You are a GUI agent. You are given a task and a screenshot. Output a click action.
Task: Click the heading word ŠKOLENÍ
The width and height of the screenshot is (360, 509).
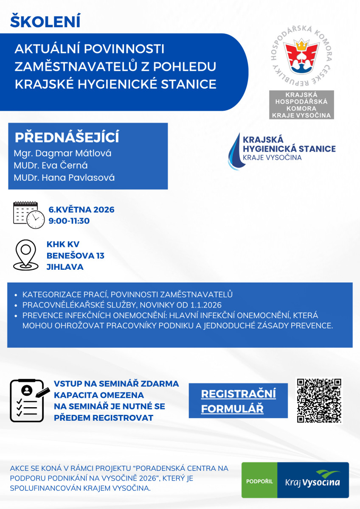(x=45, y=22)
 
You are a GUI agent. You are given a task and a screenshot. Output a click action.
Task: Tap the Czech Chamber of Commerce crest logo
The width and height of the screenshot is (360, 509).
(x=302, y=56)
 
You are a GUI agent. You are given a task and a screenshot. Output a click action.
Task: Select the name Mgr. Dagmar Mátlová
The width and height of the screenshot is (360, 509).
(x=62, y=153)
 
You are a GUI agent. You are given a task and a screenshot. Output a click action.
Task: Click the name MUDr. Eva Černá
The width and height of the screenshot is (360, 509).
(x=51, y=165)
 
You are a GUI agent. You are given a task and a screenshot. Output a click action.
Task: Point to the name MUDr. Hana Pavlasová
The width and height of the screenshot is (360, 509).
(x=64, y=177)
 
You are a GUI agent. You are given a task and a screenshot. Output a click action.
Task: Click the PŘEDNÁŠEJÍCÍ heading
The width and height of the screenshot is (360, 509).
(x=67, y=138)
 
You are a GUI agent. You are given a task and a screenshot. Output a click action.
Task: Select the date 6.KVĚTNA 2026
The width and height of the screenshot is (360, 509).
(x=82, y=210)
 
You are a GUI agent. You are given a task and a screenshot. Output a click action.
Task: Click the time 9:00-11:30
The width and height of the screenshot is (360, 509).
(x=69, y=221)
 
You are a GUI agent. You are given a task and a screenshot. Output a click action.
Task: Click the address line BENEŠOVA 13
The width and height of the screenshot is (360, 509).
(x=76, y=256)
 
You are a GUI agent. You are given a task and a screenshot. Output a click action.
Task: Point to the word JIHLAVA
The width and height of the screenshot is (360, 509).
(x=65, y=267)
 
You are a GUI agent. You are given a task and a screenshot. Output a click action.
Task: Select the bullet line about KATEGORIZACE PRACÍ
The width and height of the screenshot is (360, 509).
(x=127, y=294)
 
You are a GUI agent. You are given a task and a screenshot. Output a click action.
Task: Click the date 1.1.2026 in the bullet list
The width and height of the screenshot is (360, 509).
(x=207, y=305)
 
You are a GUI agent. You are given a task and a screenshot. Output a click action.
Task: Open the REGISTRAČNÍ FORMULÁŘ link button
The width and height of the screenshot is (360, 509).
(x=238, y=401)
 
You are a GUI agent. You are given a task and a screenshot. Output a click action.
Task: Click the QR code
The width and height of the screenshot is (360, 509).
(x=319, y=400)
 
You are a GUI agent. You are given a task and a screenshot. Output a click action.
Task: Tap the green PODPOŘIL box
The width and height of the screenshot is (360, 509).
(x=259, y=481)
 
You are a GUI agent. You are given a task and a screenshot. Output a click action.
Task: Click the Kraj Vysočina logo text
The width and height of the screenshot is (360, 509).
(x=313, y=481)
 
